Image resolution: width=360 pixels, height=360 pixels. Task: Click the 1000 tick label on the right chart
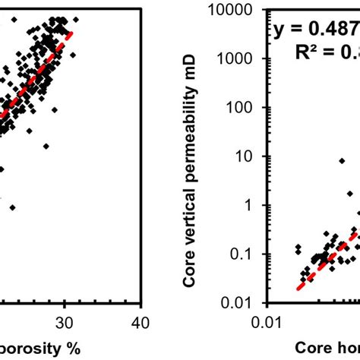pos(243,59)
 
